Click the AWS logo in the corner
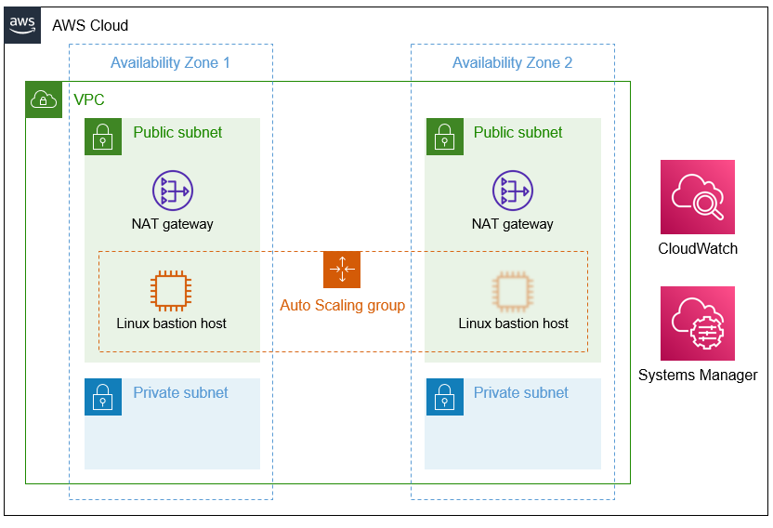tap(23, 25)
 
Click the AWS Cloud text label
tap(90, 25)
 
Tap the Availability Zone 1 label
tap(170, 63)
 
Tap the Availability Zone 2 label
tap(512, 63)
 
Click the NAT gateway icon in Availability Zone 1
tap(172, 191)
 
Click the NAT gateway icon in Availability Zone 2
tap(512, 191)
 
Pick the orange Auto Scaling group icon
tap(342, 270)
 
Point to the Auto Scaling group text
tap(342, 305)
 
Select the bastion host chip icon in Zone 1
tap(172, 291)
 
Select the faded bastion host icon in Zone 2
tap(512, 291)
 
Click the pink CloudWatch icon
tap(697, 197)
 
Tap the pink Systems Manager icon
tap(697, 323)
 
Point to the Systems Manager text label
tap(697, 376)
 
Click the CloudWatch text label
tap(697, 249)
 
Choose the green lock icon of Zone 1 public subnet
tap(103, 137)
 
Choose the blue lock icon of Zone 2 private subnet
tap(443, 397)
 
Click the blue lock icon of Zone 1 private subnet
tap(103, 397)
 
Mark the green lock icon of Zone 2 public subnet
tap(443, 137)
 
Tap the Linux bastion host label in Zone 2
tap(513, 323)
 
